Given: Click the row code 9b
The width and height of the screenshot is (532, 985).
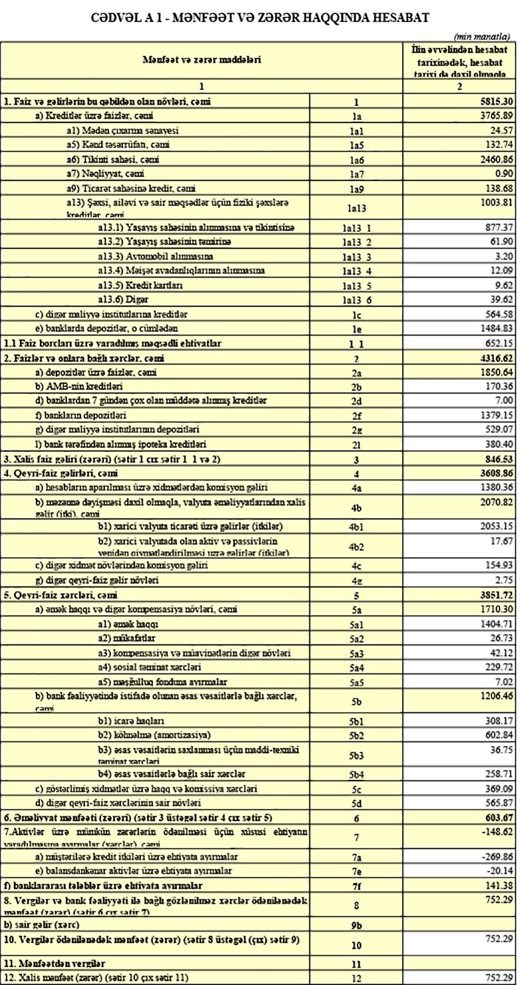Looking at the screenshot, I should [356, 924].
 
